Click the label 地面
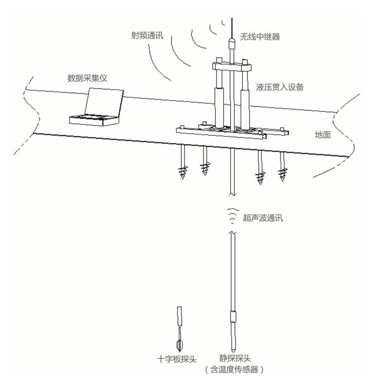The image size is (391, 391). point(322,136)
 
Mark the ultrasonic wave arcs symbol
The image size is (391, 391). point(231,216)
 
